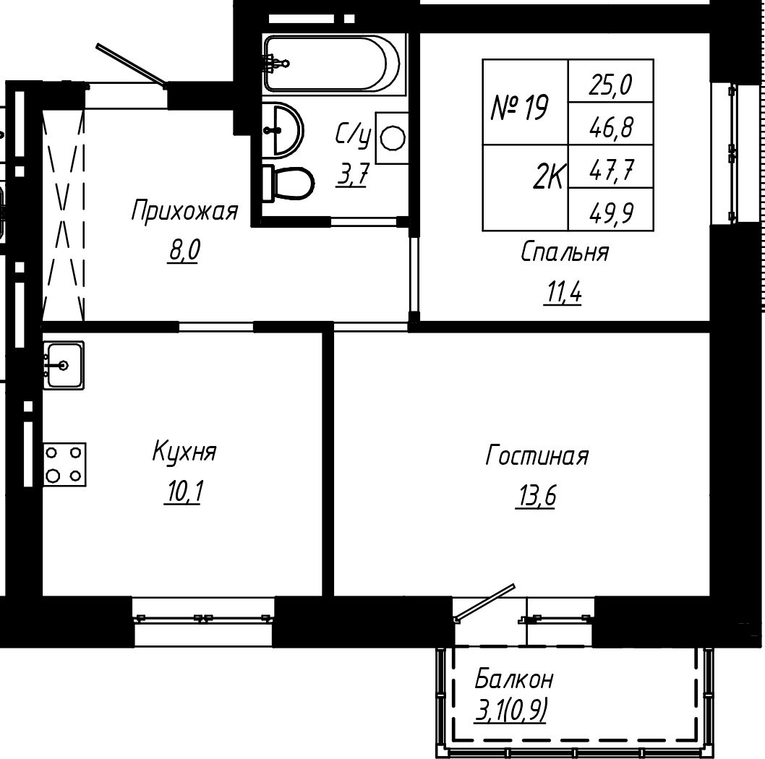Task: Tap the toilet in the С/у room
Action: pyautogui.click(x=288, y=183)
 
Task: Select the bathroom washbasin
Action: pyautogui.click(x=283, y=129)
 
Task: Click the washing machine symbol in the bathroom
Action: pyautogui.click(x=392, y=138)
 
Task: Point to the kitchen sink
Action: pyautogui.click(x=64, y=365)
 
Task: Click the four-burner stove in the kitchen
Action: pyautogui.click(x=64, y=464)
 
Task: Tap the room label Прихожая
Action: pyautogui.click(x=184, y=211)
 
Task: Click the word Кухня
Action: pyautogui.click(x=184, y=451)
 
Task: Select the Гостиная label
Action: pyautogui.click(x=537, y=456)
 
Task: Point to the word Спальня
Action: pyautogui.click(x=565, y=253)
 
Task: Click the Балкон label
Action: pyautogui.click(x=514, y=679)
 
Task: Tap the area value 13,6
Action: pyautogui.click(x=535, y=497)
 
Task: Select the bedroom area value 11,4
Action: pyautogui.click(x=563, y=293)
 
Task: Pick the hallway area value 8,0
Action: pyautogui.click(x=184, y=252)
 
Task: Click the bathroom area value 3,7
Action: pyautogui.click(x=351, y=175)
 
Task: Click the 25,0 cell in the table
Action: pyautogui.click(x=611, y=86)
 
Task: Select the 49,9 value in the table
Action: pyautogui.click(x=611, y=213)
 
